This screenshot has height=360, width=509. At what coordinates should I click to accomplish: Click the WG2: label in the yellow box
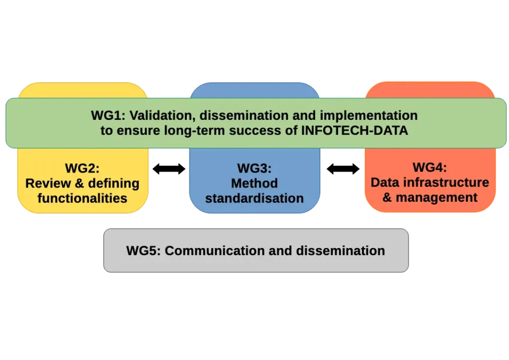click(x=83, y=168)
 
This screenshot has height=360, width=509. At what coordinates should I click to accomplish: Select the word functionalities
click(x=83, y=198)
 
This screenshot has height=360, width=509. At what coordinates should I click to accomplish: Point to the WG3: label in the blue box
click(x=254, y=168)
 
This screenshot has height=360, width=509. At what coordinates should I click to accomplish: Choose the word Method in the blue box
click(x=254, y=183)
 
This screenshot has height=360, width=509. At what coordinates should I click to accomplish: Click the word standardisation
click(x=254, y=198)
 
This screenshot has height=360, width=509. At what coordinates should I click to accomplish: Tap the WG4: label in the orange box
click(x=429, y=167)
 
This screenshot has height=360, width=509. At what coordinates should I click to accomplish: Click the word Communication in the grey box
click(x=214, y=251)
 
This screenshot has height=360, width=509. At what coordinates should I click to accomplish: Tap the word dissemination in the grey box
click(x=340, y=251)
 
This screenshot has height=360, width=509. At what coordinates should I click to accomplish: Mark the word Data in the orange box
click(x=385, y=182)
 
